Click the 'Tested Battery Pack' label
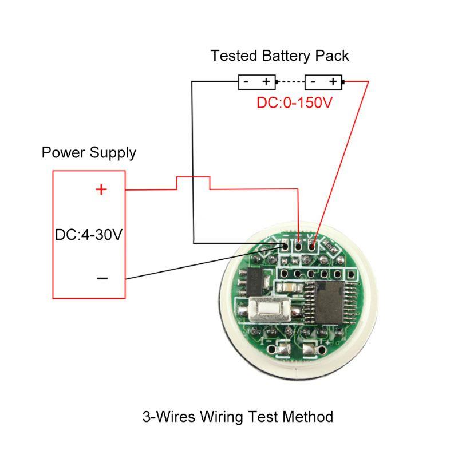pyautogui.click(x=279, y=56)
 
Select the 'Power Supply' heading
pyautogui.click(x=89, y=153)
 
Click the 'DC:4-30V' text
pyautogui.click(x=89, y=235)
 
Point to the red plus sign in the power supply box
pyautogui.click(x=101, y=189)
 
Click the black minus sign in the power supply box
pyautogui.click(x=102, y=278)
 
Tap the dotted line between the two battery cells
pyautogui.click(x=290, y=82)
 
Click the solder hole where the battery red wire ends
pyautogui.click(x=313, y=247)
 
